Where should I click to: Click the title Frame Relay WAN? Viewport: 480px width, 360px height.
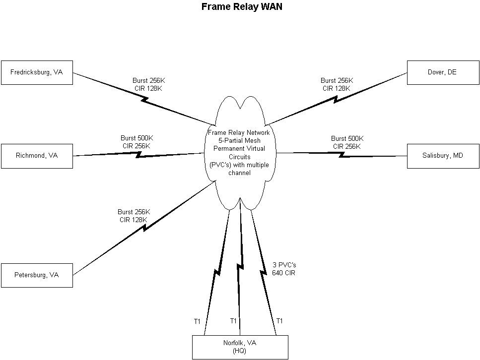(x=242, y=7)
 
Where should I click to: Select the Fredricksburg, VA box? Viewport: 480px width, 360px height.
(x=37, y=72)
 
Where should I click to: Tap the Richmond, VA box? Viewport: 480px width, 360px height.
(x=37, y=156)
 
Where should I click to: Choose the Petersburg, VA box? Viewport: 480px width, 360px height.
(x=37, y=275)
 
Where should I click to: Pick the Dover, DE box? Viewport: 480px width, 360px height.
(x=442, y=72)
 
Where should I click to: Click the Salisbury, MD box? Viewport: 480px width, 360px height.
(x=442, y=156)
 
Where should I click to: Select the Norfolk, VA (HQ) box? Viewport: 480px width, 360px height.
(x=240, y=347)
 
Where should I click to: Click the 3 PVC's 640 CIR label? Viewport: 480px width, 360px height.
(x=284, y=269)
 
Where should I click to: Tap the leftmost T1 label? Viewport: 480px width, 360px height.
(x=197, y=321)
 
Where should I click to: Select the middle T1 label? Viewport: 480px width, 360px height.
(x=233, y=321)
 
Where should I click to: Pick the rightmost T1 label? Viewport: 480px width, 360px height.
(x=279, y=321)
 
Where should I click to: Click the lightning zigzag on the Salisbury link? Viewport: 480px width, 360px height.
(x=342, y=155)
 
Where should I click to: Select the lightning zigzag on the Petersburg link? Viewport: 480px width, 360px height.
(x=144, y=228)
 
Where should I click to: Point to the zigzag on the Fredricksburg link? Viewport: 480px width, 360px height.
(x=145, y=99)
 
